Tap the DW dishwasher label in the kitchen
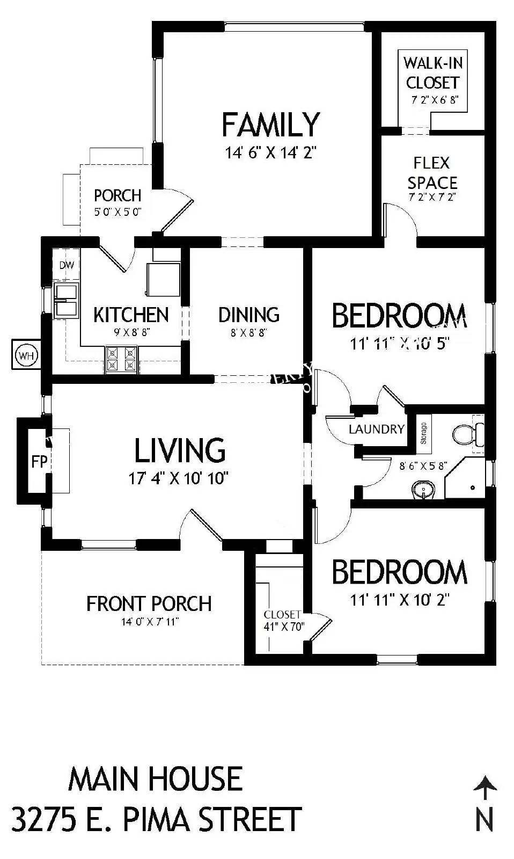(x=67, y=265)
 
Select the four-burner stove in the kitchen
(x=121, y=359)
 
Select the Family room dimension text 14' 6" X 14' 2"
(x=270, y=153)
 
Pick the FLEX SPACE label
(x=432, y=172)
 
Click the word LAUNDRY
(x=377, y=429)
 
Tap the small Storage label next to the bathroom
(x=423, y=433)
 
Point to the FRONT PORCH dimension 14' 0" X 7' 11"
(x=150, y=622)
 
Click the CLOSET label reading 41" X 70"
(x=283, y=620)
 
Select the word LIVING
(x=179, y=451)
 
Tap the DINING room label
(x=248, y=315)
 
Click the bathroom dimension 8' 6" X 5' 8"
(x=423, y=466)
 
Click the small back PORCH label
(x=118, y=195)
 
